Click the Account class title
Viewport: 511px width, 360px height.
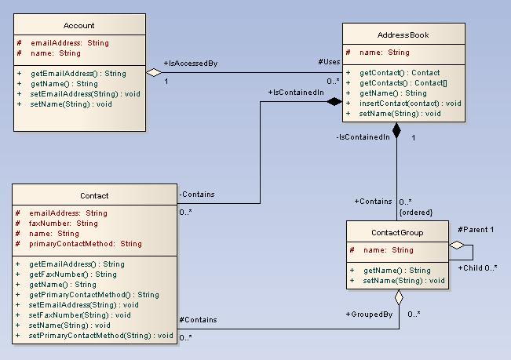point(78,26)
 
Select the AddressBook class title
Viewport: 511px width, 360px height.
point(403,36)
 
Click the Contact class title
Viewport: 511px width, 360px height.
point(94,195)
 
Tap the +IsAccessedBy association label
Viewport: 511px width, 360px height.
point(190,63)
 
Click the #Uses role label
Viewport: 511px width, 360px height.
point(330,62)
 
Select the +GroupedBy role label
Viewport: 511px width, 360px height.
point(368,315)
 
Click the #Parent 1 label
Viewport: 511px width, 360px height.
point(476,230)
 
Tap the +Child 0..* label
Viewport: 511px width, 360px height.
point(477,267)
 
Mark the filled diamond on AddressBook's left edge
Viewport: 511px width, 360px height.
point(335,101)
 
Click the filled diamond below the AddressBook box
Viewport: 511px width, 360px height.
point(397,130)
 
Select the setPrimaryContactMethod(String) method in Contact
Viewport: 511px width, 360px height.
point(100,336)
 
